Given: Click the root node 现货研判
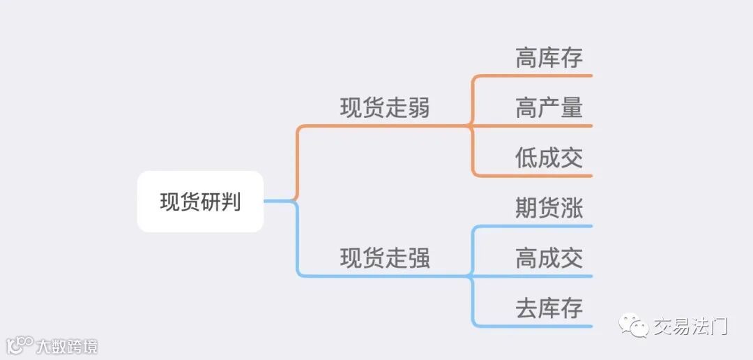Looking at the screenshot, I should pos(200,202).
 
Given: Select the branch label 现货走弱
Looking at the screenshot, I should pos(385,109).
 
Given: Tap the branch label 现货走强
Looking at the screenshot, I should pos(385,259).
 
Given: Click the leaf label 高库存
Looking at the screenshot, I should pos(549,58).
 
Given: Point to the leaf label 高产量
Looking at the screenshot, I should pos(549,108).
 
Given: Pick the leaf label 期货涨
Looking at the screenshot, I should pos(549,209).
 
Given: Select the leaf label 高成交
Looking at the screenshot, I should pos(549,258).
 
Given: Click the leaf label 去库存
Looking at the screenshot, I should pos(549,308).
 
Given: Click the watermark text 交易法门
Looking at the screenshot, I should pos(690,326).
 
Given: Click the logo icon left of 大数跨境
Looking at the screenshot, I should pos(20,345).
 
